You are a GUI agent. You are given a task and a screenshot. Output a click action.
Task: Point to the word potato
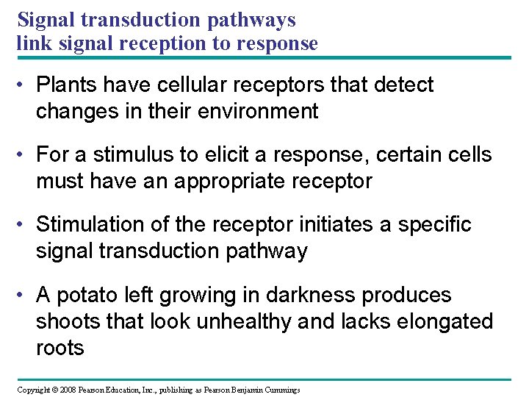(84, 296)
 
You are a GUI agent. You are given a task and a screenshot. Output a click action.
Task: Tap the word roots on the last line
(60, 348)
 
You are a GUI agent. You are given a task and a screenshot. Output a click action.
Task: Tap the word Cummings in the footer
(280, 390)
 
